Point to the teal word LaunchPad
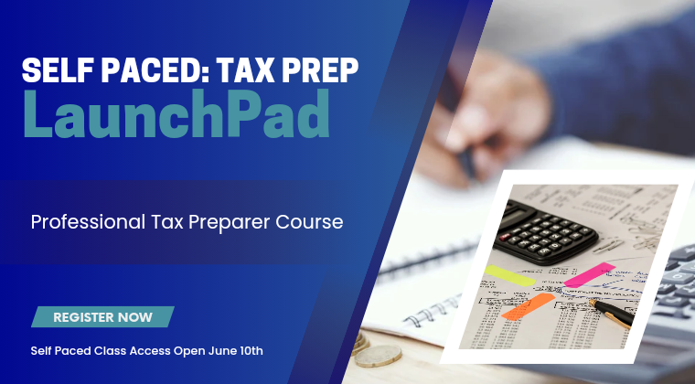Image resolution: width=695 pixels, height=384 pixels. pos(176,113)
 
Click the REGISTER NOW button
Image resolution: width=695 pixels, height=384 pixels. pos(102,317)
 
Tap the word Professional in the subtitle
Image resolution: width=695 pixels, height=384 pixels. pos(88,222)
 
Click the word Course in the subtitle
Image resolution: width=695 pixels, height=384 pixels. pos(309,222)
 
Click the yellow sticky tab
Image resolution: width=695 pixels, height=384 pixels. pos(509,275)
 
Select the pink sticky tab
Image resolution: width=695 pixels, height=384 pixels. pos(590,274)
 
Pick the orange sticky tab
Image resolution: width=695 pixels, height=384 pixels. pos(528,306)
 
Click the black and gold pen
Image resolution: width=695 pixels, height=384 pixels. pos(611,314)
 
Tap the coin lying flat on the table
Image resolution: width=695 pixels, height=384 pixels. pos(378,356)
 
